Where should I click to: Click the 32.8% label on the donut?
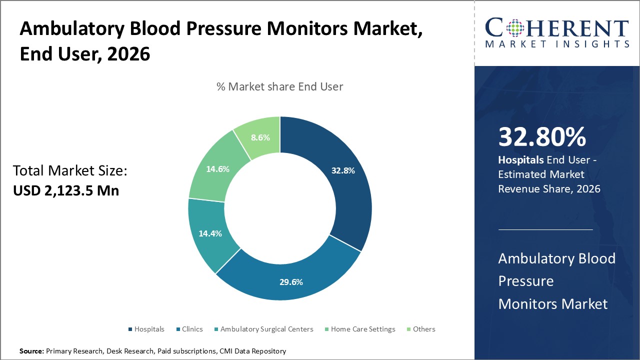343,170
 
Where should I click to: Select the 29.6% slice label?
291,282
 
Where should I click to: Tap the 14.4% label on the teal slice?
210,233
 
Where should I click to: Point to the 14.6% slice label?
217,169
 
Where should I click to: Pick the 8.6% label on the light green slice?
260,137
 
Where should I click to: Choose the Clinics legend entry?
192,329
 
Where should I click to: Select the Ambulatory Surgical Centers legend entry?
266,329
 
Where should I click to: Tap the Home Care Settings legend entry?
362,329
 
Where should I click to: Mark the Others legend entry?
423,329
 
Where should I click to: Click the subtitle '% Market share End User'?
279,86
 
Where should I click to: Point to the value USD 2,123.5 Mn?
66,190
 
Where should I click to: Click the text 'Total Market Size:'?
70,171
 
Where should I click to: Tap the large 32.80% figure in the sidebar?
542,137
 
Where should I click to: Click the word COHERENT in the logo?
557,28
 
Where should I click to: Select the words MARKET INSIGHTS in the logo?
557,44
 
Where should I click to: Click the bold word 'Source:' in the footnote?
31,351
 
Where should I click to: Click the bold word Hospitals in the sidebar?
520,160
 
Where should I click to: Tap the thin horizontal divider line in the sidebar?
545,229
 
